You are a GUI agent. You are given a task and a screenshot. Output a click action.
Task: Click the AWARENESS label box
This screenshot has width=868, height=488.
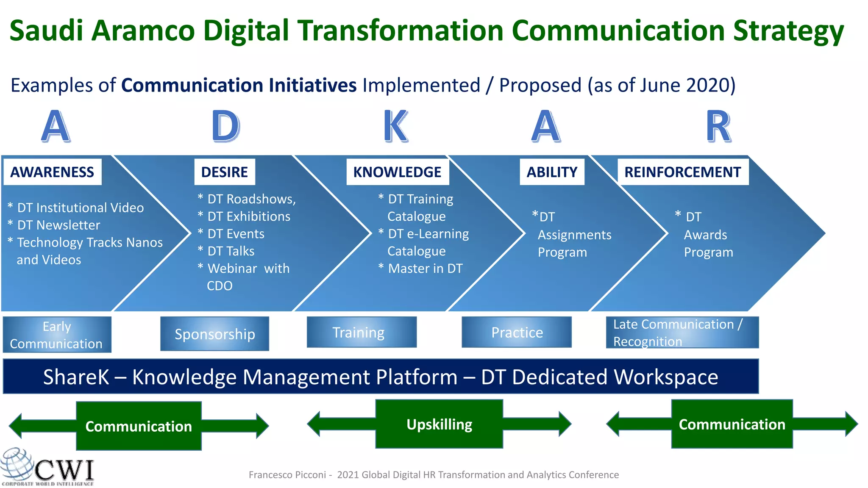(x=52, y=172)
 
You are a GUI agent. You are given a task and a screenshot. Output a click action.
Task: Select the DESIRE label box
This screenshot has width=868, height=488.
(x=225, y=172)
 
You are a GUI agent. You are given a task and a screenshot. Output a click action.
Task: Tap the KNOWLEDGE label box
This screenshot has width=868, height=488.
(x=397, y=172)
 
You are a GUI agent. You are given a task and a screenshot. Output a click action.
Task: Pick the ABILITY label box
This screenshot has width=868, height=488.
(x=552, y=172)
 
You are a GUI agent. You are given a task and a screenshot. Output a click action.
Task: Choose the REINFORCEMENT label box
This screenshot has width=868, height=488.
(x=682, y=172)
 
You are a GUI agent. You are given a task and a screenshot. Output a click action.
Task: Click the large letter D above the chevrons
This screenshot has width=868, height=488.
(x=226, y=126)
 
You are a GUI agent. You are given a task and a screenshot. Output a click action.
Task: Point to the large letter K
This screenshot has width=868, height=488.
(x=396, y=126)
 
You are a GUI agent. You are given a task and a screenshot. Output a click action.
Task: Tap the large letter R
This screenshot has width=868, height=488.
(x=718, y=126)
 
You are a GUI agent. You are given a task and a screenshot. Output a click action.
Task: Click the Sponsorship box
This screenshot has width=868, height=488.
(x=214, y=334)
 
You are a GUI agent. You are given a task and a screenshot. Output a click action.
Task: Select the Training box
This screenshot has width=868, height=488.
(x=361, y=333)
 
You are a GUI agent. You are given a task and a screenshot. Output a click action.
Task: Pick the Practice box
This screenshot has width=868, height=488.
(x=516, y=333)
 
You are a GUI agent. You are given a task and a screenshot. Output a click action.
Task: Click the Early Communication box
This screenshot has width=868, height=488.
(x=57, y=335)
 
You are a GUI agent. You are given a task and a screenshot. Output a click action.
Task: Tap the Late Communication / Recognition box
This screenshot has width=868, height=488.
(x=682, y=333)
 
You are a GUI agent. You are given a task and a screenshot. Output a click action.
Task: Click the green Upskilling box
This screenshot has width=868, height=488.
(x=439, y=424)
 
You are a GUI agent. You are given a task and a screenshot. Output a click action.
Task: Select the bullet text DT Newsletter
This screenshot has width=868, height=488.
(x=58, y=225)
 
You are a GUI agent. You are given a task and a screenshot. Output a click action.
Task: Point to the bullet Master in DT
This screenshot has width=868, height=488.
(x=425, y=269)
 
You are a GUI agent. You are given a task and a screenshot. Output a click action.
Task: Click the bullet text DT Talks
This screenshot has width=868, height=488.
(x=231, y=251)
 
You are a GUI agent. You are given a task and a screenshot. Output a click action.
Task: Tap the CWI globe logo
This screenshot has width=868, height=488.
(x=17, y=466)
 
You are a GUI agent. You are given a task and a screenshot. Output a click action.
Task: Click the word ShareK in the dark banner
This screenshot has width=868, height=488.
(x=76, y=377)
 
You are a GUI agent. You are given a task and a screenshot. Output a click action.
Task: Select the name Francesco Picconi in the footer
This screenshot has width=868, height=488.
(x=287, y=475)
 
